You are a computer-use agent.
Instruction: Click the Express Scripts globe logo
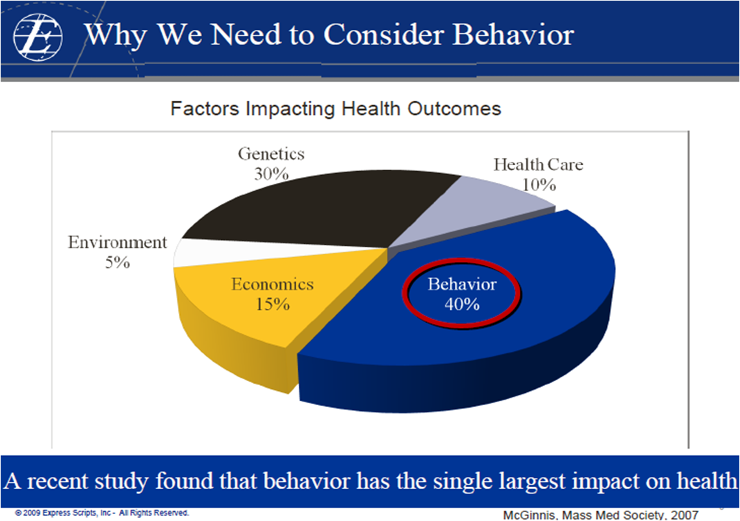[x=38, y=37]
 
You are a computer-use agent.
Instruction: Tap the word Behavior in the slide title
[x=513, y=34]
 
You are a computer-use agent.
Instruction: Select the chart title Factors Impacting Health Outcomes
[x=335, y=109]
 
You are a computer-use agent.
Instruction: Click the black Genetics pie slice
[x=321, y=208]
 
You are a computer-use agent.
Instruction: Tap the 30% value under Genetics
[x=272, y=174]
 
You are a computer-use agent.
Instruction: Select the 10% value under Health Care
[x=539, y=184]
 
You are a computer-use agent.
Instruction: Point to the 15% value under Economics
[x=273, y=304]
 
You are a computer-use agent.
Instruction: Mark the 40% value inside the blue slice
[x=461, y=304]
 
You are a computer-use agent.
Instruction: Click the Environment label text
[x=118, y=242]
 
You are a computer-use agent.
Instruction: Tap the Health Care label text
[x=539, y=165]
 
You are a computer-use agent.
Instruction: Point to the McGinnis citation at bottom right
[x=601, y=515]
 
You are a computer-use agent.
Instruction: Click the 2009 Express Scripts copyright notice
[x=102, y=513]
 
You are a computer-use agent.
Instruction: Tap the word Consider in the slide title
[x=384, y=34]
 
